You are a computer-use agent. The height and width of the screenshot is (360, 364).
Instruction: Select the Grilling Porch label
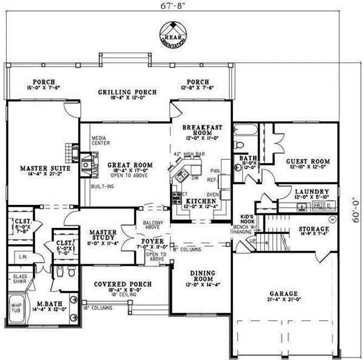tap(127, 92)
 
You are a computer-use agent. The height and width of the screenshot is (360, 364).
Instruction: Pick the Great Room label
tap(129, 165)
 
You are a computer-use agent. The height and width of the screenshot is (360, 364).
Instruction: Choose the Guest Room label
tap(308, 161)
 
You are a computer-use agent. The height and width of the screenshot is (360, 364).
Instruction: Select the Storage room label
tap(313, 229)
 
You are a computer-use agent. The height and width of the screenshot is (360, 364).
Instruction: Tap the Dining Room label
tap(198, 276)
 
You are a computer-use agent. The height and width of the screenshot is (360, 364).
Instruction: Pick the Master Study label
tap(103, 235)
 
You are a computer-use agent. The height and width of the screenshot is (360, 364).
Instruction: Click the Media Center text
tap(99, 141)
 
